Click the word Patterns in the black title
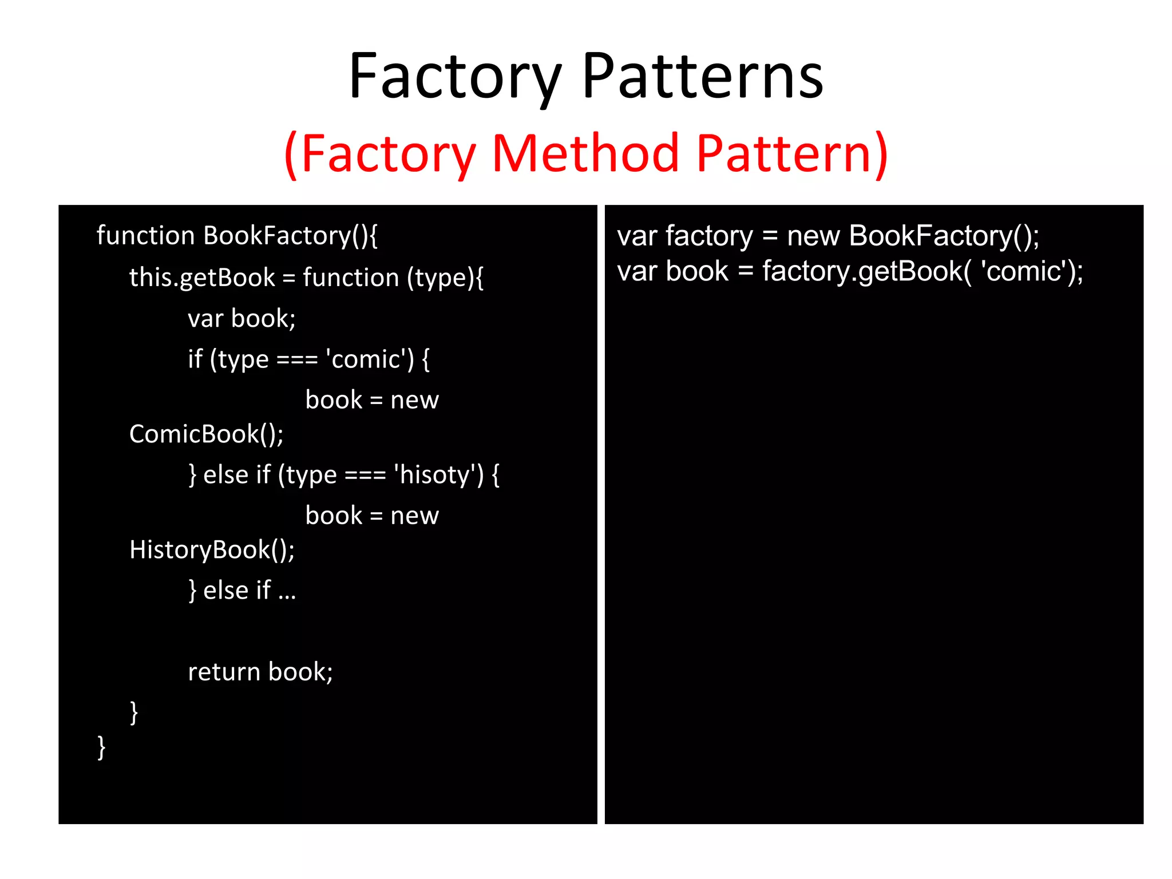[x=703, y=77]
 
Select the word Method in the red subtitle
[x=585, y=153]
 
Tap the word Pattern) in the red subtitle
[x=792, y=153]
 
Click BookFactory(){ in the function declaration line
[x=291, y=236]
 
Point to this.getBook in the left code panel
[x=202, y=278]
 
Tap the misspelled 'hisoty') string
[x=438, y=475]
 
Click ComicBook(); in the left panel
[x=206, y=434]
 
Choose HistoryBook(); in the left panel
[x=212, y=550]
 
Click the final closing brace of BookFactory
[x=101, y=747]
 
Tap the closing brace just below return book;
[x=134, y=713]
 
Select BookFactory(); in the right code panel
[x=944, y=236]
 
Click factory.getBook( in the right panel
[x=866, y=271]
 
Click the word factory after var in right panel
[x=709, y=236]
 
